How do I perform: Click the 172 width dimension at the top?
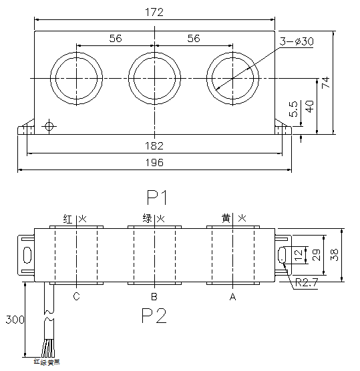tap(154, 12)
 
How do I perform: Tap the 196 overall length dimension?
tap(154, 163)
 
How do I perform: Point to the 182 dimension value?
tap(154, 145)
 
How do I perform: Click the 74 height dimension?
tap(326, 82)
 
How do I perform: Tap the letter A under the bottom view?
tap(232, 298)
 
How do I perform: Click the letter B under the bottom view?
tap(154, 298)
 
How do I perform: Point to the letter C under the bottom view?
tap(77, 298)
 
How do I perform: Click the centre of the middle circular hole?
tap(155, 77)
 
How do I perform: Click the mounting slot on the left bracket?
tap(27, 254)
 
